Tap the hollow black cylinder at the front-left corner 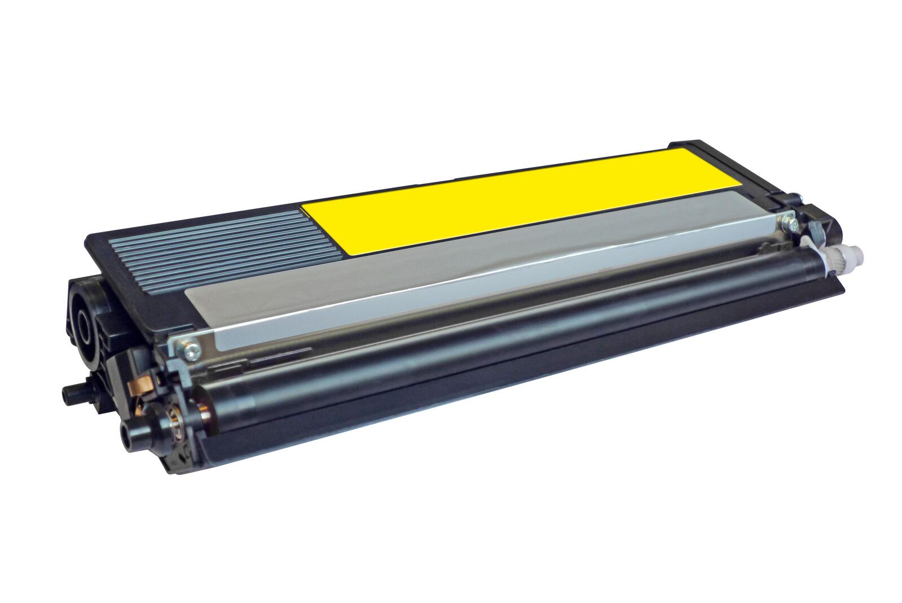pyautogui.click(x=131, y=433)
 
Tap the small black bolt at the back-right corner pyautogui.click(x=796, y=198)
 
